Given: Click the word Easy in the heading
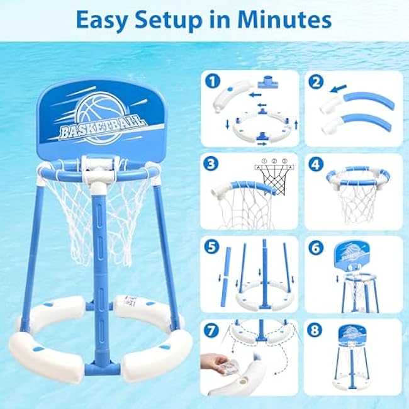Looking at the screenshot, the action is [101, 21].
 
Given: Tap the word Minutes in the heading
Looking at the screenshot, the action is [284, 20].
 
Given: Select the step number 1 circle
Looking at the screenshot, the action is [213, 81].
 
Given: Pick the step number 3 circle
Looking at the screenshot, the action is [211, 164].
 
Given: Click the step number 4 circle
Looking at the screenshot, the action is [316, 165].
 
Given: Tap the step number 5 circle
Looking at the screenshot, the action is [212, 247].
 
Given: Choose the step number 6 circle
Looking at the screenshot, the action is [316, 248].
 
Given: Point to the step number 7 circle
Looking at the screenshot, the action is [211, 330].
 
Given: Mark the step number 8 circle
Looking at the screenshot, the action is [315, 330].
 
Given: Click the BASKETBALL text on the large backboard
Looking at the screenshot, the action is [102, 127].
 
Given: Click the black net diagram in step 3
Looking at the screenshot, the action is [274, 179].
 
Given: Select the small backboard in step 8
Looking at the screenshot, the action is [352, 336].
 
